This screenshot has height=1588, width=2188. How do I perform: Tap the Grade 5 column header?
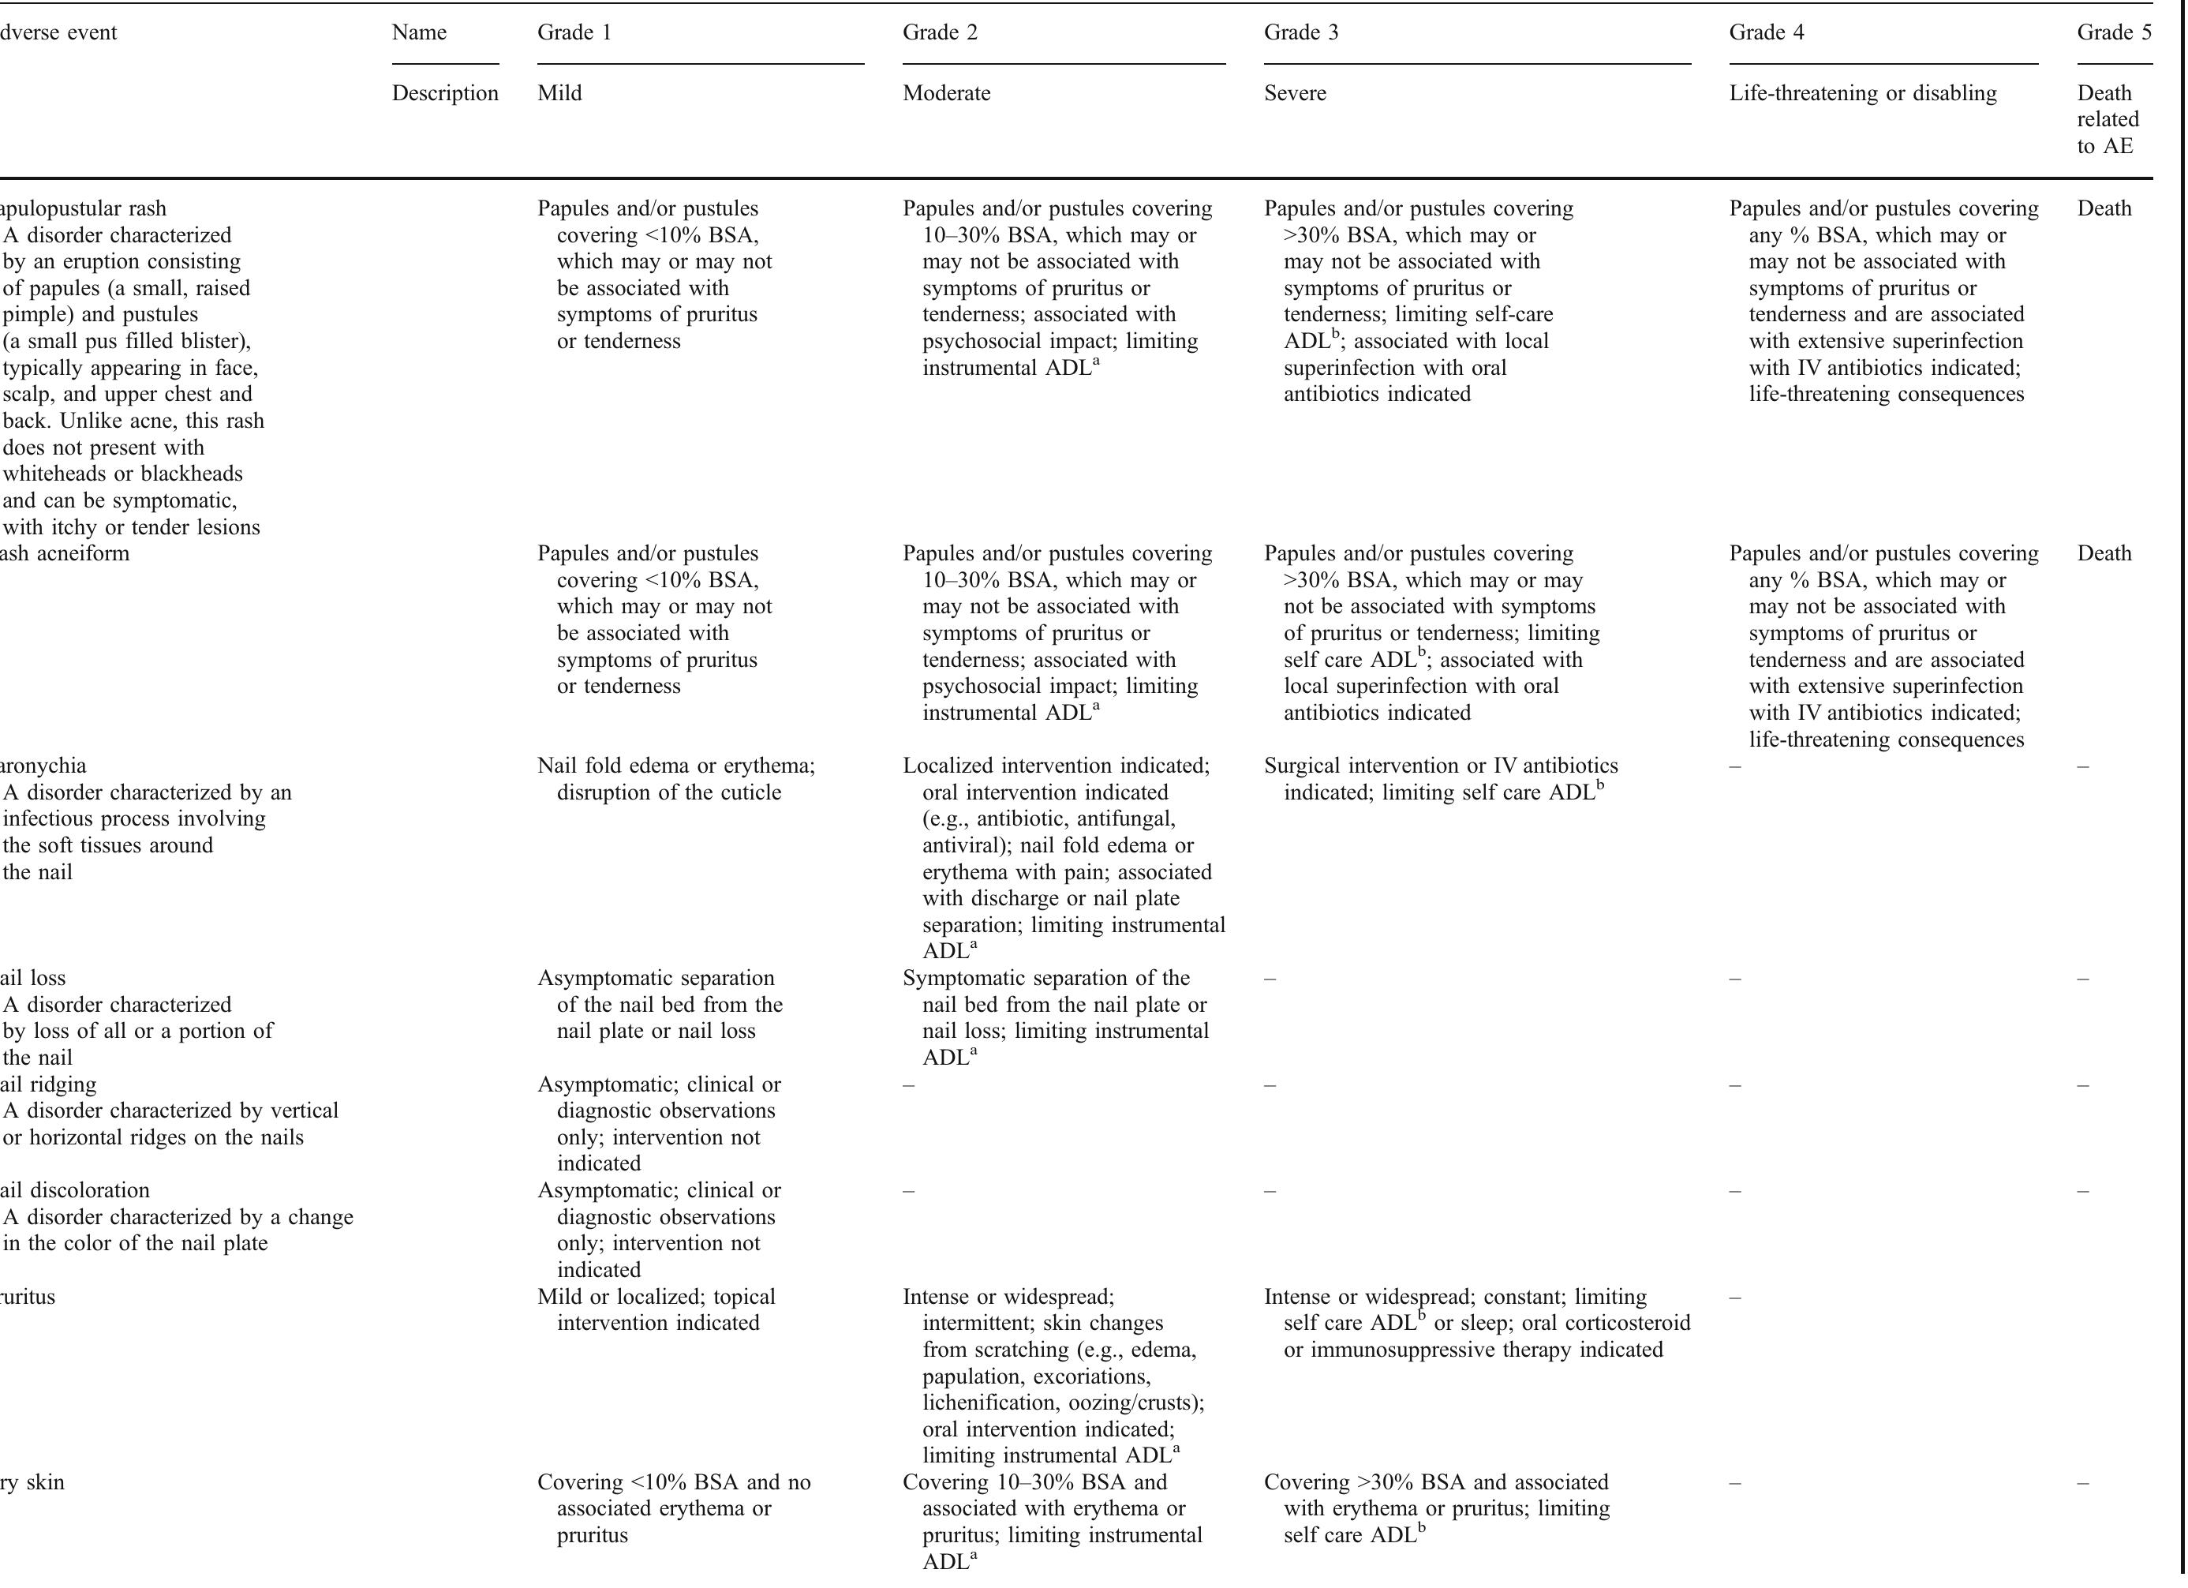(x=2114, y=33)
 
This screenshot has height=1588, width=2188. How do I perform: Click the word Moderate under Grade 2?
(x=945, y=94)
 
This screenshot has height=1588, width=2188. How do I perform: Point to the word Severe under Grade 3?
(x=1295, y=94)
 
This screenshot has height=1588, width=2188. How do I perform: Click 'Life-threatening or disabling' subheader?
(x=1862, y=94)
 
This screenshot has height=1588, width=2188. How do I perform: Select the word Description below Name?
(x=445, y=94)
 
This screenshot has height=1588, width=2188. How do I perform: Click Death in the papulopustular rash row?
(x=2104, y=209)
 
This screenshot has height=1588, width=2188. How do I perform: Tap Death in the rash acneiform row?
(x=2104, y=554)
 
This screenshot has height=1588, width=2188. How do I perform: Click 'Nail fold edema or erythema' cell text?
(x=675, y=766)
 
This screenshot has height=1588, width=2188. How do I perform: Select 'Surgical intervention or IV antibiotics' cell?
(x=1440, y=766)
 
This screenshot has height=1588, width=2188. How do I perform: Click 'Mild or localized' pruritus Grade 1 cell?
(x=656, y=1297)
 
